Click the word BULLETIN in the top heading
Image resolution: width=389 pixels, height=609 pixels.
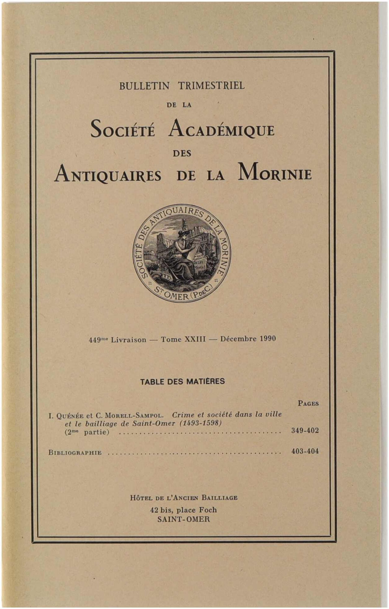click(145, 86)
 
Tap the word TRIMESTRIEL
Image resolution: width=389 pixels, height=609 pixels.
click(211, 86)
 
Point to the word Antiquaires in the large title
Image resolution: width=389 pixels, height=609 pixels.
click(108, 174)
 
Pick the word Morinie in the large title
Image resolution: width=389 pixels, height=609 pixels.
click(275, 173)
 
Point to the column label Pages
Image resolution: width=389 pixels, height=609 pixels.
click(308, 403)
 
